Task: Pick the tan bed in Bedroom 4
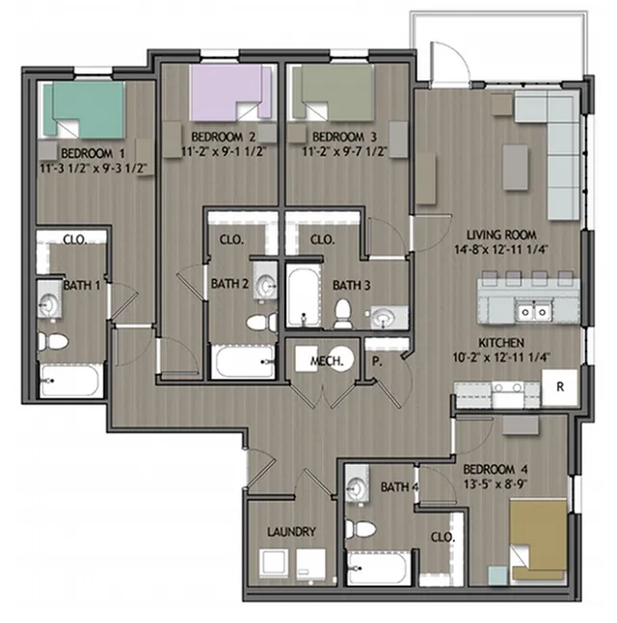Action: click(x=539, y=540)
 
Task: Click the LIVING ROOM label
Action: click(x=501, y=235)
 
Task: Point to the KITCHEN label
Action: click(x=500, y=343)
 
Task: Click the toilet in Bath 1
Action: click(x=54, y=341)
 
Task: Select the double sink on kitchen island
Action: click(x=531, y=311)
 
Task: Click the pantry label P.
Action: click(x=376, y=362)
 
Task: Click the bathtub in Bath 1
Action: click(x=70, y=382)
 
